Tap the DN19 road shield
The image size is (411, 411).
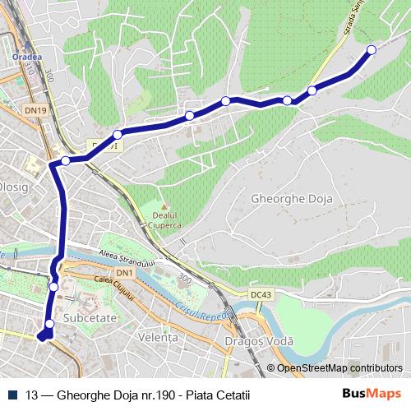(x=35, y=108)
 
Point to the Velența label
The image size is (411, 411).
(x=159, y=338)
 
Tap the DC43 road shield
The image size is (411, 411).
(x=261, y=293)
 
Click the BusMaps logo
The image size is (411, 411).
(x=372, y=392)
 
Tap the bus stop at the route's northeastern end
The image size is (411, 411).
(x=371, y=50)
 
